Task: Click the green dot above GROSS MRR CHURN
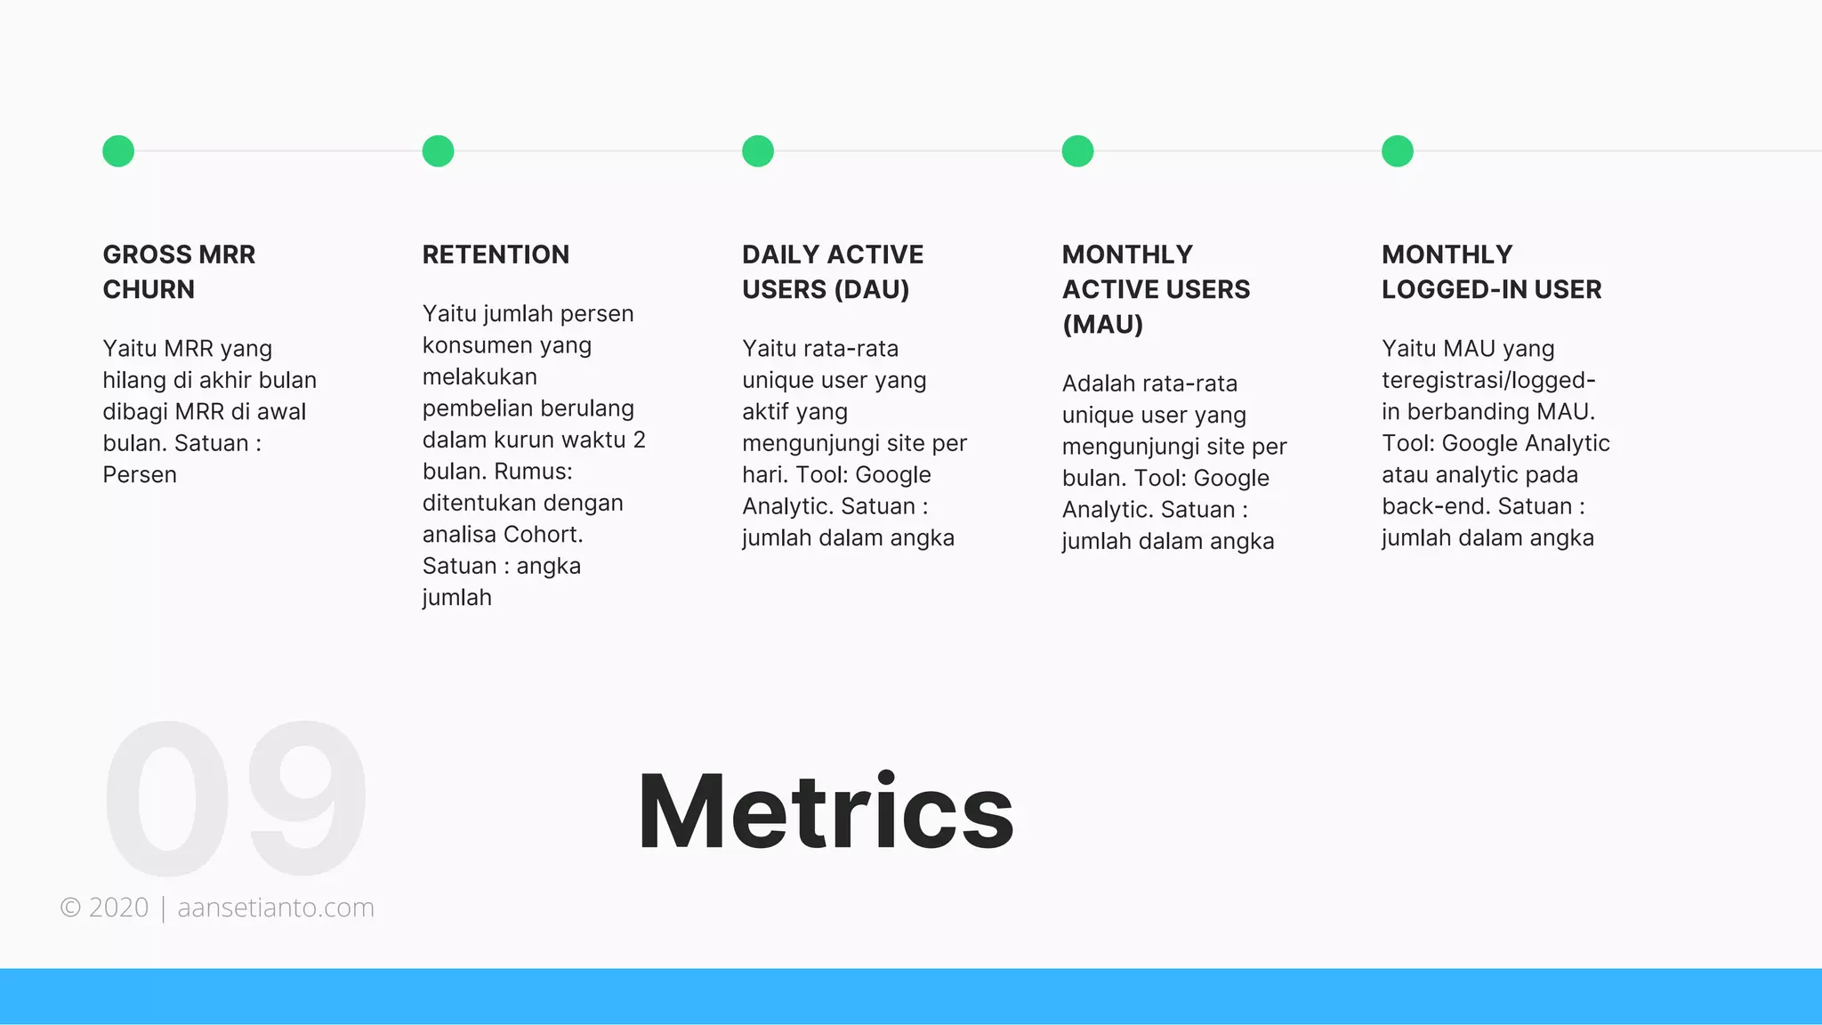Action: click(x=118, y=151)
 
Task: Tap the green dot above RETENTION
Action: click(x=438, y=151)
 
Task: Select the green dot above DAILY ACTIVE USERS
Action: click(x=758, y=151)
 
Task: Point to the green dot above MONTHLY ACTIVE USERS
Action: click(x=1077, y=151)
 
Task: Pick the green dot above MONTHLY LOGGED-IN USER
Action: click(x=1398, y=151)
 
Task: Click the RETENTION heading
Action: click(x=496, y=254)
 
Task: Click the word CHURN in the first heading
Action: click(x=149, y=289)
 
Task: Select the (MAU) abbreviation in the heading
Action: click(x=1102, y=324)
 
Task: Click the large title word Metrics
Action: click(x=826, y=811)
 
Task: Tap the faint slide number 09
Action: click(x=235, y=798)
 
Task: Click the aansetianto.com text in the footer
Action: click(x=276, y=908)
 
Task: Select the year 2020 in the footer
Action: click(x=118, y=908)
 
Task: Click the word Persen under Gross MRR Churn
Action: click(x=140, y=474)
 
